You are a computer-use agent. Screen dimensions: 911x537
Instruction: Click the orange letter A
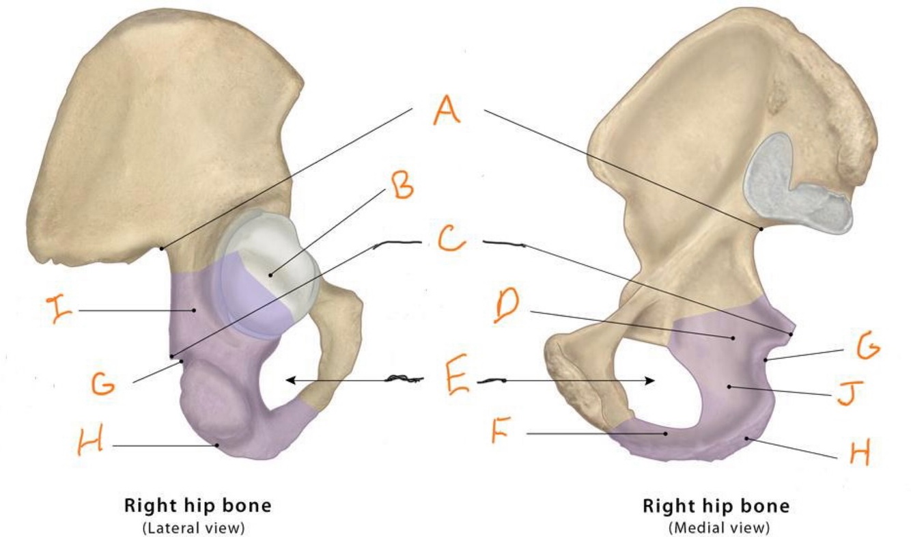(446, 109)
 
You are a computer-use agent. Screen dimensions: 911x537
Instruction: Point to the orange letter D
(506, 309)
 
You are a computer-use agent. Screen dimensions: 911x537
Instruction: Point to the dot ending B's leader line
(270, 275)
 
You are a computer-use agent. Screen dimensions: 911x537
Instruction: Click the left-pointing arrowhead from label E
(290, 380)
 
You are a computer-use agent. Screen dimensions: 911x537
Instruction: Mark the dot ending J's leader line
(729, 387)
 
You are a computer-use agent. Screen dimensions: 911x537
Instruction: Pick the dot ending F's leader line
(666, 433)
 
